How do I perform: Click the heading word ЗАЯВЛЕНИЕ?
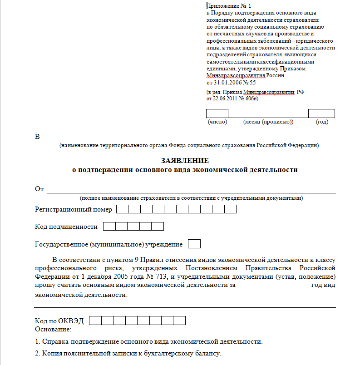pos(185,161)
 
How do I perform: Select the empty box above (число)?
pos(217,113)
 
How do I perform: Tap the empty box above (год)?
pos(321,113)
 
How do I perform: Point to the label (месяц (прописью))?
pos(268,122)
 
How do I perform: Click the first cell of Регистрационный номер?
pos(123,209)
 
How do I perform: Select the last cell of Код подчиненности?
pos(158,227)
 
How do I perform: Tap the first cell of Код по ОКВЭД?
pos(95,321)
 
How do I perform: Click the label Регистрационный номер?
pos(73,209)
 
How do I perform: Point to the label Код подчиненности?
pos(66,227)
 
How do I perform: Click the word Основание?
pos(53,329)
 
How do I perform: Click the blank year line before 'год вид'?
pos(274,286)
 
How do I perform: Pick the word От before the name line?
pos(39,189)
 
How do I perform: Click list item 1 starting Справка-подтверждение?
pos(148,341)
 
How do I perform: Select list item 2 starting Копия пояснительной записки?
pos(128,354)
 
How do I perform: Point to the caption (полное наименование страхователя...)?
pos(191,198)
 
